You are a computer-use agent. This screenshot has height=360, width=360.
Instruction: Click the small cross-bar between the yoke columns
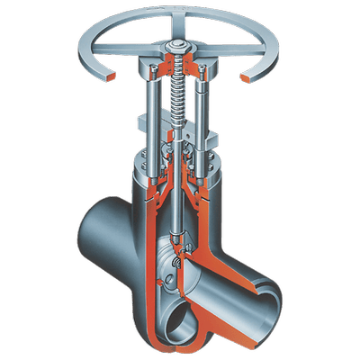click(x=180, y=121)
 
